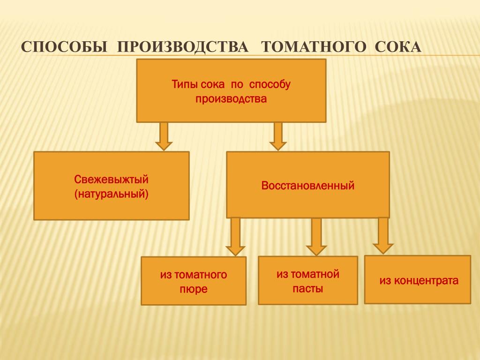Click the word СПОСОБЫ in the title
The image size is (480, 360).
(64, 47)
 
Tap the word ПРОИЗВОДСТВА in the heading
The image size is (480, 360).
(183, 47)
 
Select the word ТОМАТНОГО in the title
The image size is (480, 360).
(314, 47)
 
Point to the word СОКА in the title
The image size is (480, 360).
(398, 47)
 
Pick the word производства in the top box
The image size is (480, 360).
(231, 99)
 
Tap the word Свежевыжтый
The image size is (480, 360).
(112, 180)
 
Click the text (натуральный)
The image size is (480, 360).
(112, 194)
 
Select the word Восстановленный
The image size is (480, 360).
(308, 186)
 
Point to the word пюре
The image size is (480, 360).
(194, 289)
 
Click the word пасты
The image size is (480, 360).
(308, 289)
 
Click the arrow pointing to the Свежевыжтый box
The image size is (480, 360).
(164, 136)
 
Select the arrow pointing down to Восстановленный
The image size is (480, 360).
(278, 136)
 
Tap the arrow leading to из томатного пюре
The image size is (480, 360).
(235, 236)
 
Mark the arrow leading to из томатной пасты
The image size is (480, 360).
(316, 236)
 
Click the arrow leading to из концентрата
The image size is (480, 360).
(383, 235)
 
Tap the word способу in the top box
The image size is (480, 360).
(270, 85)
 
